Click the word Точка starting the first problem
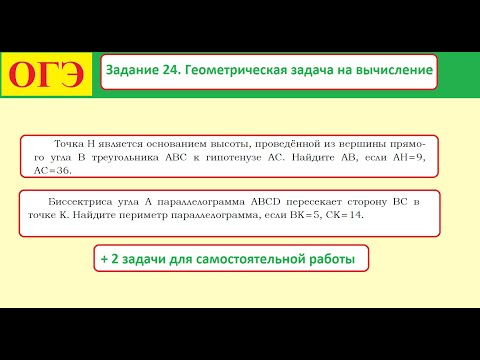pyautogui.click(x=70, y=143)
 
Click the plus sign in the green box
pyautogui.click(x=103, y=259)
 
